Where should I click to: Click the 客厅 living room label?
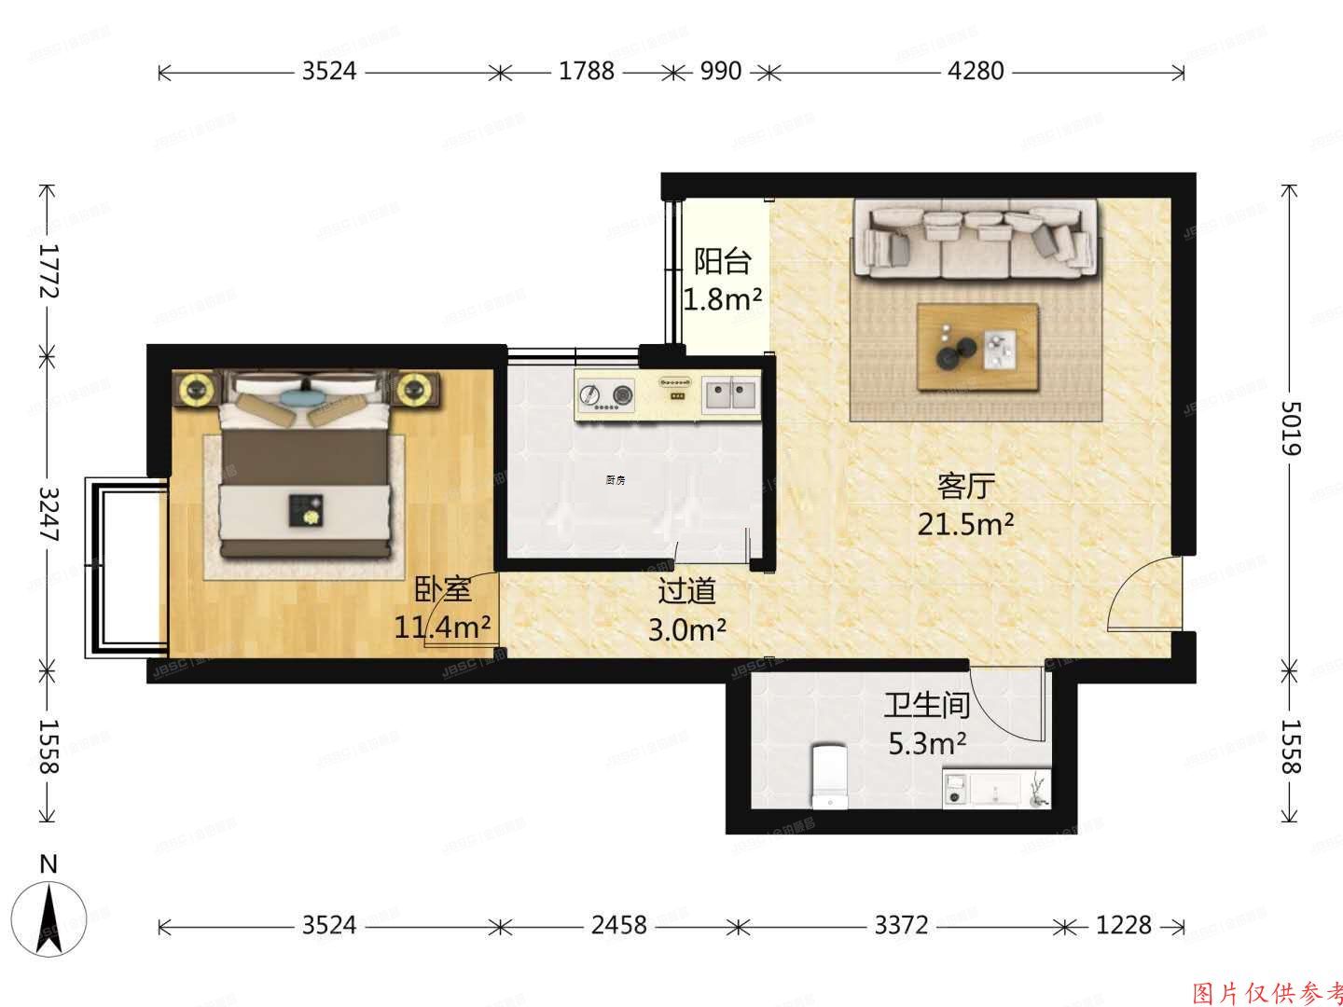pos(965,486)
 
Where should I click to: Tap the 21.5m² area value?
pos(965,525)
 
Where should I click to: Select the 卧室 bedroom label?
pos(442,589)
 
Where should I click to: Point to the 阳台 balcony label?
pos(722,261)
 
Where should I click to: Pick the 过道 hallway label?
pos(686,591)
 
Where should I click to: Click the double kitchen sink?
pos(730,394)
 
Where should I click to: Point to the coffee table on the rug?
pos(977,347)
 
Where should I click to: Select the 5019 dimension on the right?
pos(1289,428)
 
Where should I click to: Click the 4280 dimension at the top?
pos(976,71)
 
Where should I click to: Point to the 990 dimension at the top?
pos(719,71)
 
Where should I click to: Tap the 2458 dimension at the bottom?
pos(618,925)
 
